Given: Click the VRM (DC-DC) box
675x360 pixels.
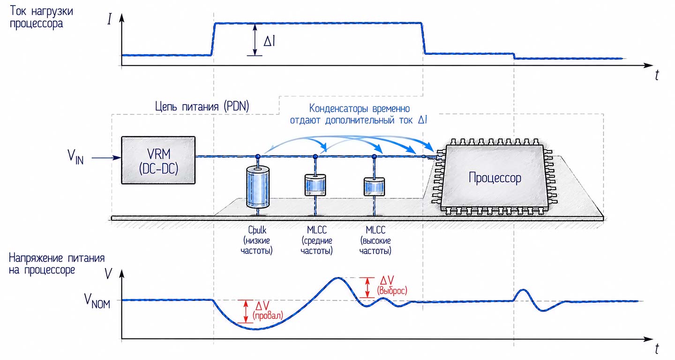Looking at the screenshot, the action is (x=158, y=160).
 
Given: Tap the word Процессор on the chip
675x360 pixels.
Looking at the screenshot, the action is (x=495, y=178).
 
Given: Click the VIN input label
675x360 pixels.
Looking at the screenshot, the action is (x=75, y=157).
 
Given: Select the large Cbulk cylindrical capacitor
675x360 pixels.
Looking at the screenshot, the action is (x=258, y=187).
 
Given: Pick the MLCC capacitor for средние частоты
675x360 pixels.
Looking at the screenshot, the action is (x=315, y=185).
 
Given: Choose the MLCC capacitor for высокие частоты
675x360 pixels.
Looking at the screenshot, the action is (x=374, y=187).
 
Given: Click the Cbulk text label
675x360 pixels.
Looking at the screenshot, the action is (x=257, y=230).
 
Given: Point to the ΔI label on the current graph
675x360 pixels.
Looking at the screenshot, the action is (x=269, y=41).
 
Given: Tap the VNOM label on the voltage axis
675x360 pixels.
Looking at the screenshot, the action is (x=97, y=301).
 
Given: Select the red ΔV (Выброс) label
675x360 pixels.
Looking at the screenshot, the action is (x=392, y=285).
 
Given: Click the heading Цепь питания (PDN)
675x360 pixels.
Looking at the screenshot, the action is (x=202, y=106).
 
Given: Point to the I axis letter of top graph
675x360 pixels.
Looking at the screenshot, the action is (x=109, y=19).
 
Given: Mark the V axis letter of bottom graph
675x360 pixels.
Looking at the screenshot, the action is (x=108, y=274).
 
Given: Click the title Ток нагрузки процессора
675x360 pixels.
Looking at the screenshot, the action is (x=41, y=17).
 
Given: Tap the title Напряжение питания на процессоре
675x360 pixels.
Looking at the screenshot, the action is (x=57, y=264).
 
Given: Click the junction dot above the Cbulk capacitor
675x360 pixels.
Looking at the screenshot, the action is (x=258, y=157).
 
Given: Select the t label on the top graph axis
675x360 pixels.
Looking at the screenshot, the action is (x=657, y=75).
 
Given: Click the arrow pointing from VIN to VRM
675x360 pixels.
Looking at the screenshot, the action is (x=106, y=157).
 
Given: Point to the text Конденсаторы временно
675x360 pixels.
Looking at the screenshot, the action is (x=360, y=108).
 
